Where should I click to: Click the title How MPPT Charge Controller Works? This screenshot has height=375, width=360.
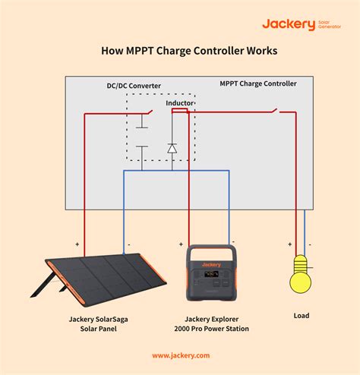point(179,52)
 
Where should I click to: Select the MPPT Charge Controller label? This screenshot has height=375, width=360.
point(257,84)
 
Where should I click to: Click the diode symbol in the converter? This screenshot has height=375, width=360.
point(172,148)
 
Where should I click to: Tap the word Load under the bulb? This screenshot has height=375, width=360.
point(301,315)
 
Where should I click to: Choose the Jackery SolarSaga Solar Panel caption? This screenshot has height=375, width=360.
point(97,324)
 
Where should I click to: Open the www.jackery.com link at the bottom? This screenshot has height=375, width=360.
point(180,355)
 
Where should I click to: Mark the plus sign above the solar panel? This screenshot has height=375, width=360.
point(77,244)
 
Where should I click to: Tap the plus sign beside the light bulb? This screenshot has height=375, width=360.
point(289,244)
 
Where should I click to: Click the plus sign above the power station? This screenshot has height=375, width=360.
point(181,244)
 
